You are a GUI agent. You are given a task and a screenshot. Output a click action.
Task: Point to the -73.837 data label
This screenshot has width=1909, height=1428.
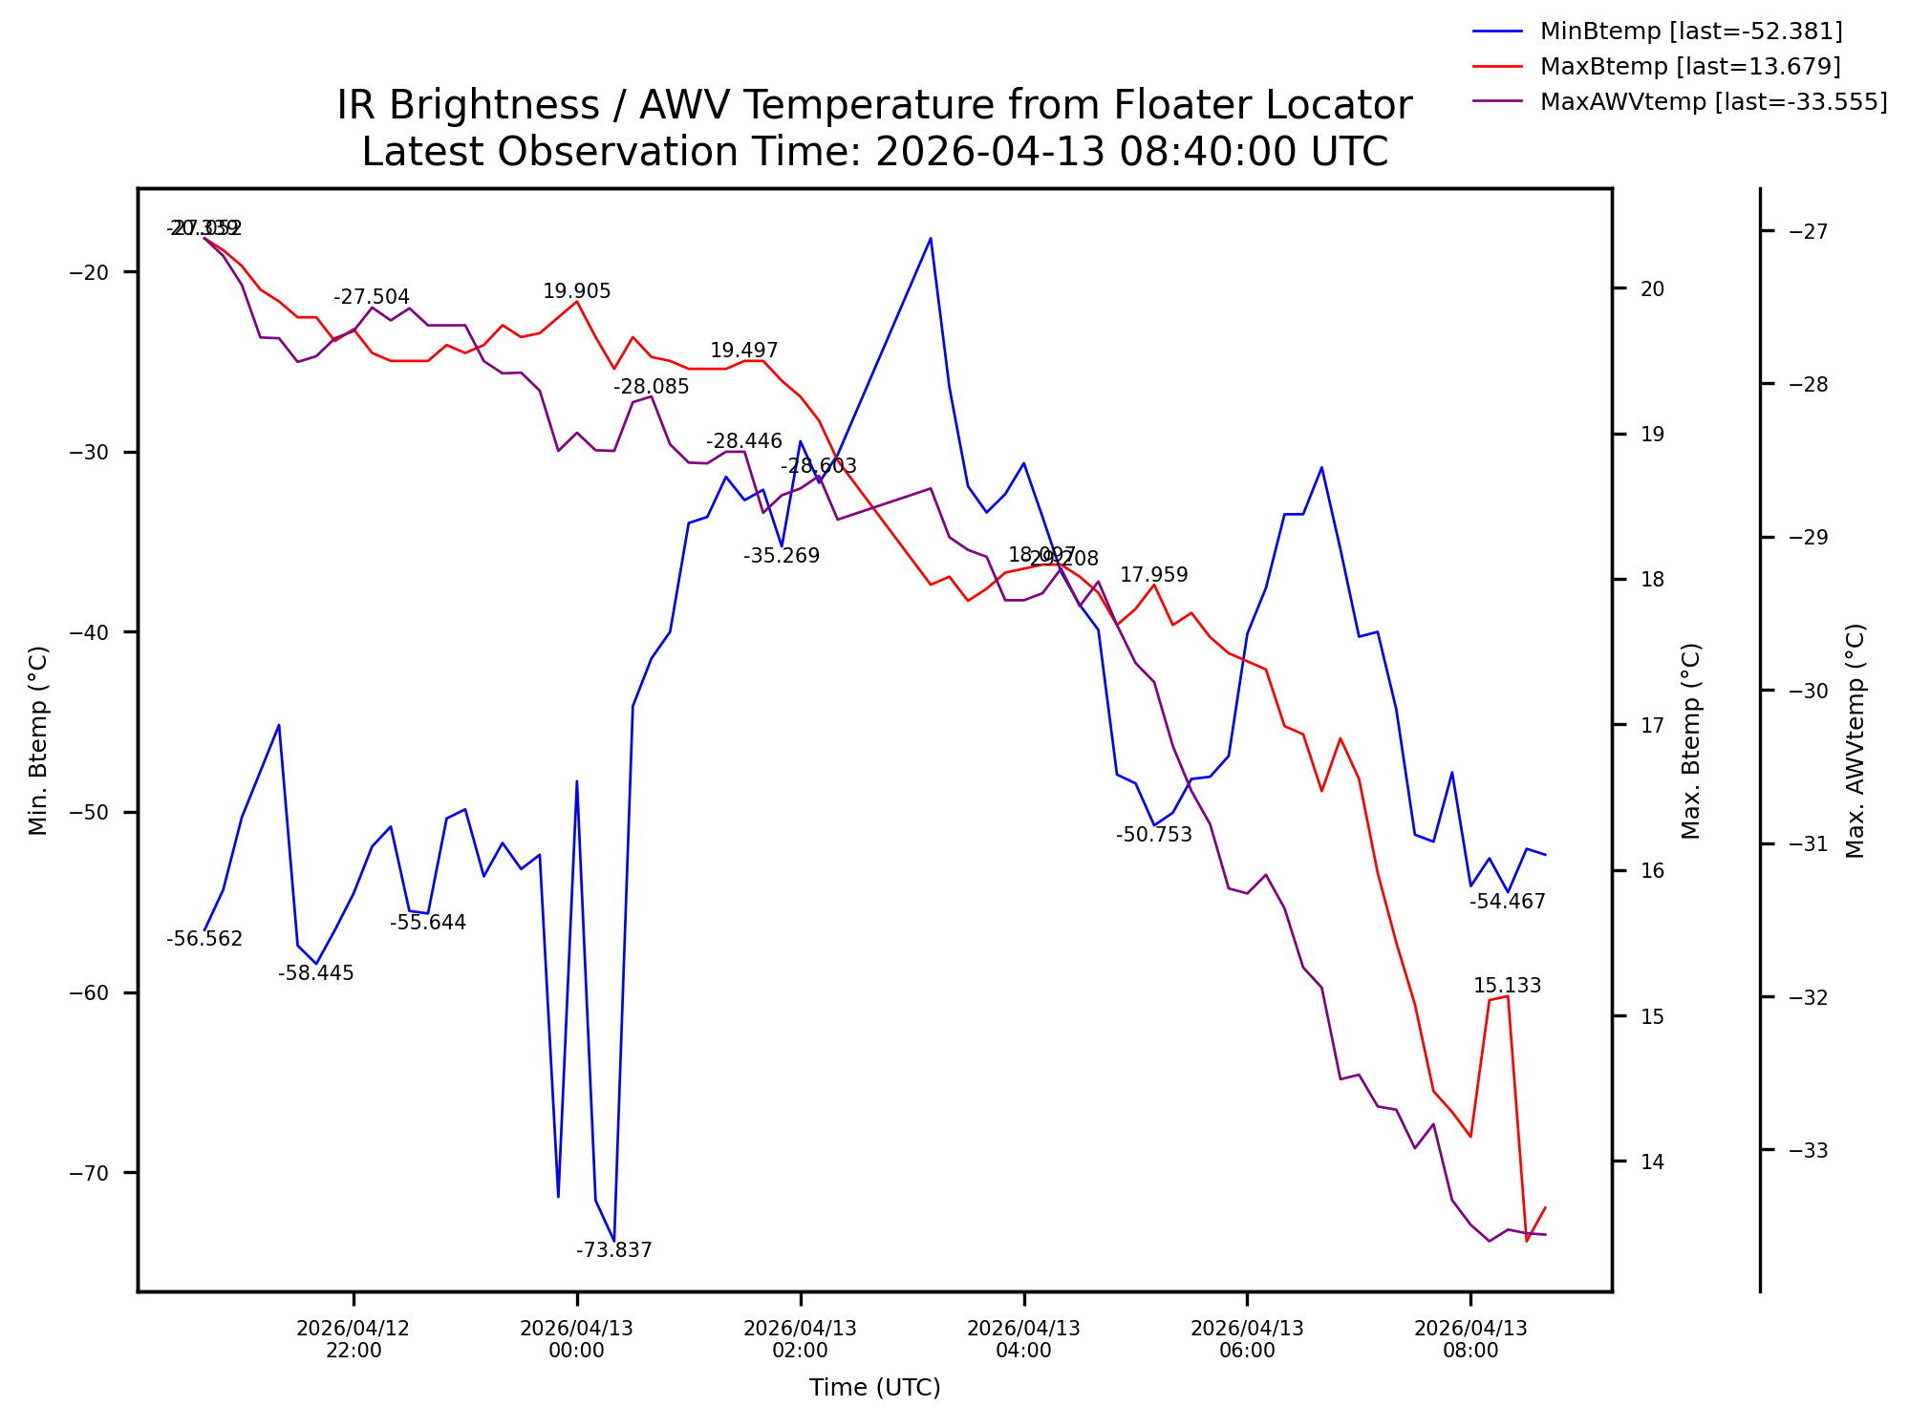(613, 1250)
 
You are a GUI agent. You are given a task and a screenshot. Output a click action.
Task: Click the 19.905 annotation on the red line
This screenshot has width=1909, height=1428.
(576, 292)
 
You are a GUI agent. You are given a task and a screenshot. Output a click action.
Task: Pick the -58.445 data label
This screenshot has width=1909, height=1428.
(316, 973)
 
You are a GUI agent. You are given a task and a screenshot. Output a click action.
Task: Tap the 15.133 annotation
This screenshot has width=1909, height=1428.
(1507, 986)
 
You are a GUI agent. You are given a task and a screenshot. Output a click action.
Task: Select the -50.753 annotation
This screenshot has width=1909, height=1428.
(1154, 835)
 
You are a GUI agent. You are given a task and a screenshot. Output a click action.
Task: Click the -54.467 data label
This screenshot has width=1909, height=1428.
(1507, 902)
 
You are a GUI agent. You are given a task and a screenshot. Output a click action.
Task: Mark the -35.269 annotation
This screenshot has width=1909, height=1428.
(782, 556)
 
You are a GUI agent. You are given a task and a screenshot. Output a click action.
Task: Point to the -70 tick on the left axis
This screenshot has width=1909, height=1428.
(90, 1173)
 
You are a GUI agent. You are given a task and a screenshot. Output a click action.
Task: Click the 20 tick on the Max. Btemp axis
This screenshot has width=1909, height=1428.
(1652, 288)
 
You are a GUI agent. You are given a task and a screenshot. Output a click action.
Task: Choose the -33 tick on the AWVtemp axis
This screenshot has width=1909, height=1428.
(1808, 1150)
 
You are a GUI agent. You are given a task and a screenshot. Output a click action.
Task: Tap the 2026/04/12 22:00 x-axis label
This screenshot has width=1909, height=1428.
(354, 1339)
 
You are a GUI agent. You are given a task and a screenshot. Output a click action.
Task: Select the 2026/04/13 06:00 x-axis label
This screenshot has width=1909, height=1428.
(1247, 1339)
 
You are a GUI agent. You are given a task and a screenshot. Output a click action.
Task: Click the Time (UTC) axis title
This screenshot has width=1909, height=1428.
(874, 1388)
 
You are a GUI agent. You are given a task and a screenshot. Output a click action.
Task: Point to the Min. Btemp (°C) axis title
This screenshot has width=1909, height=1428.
(38, 740)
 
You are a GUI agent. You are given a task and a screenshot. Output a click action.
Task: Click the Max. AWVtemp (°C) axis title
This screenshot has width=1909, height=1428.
(1855, 740)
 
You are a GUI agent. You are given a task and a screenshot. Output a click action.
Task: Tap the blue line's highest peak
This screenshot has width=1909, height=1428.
(931, 238)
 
